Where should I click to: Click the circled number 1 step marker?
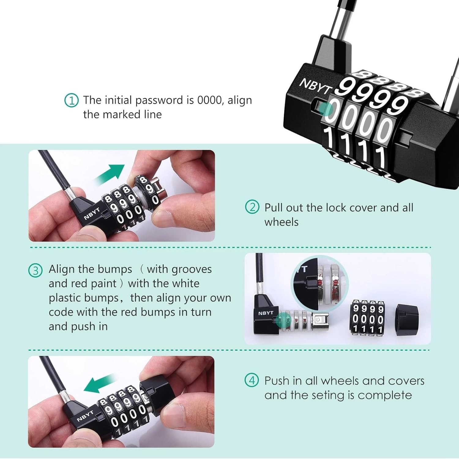coord(71,100)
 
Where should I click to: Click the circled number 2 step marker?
coord(252,207)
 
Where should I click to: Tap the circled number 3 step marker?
coord(35,271)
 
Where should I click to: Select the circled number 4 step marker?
coord(252,380)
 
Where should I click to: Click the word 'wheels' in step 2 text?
coord(281,222)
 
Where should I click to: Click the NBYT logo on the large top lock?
coord(315,86)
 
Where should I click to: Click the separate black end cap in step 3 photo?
coord(407,320)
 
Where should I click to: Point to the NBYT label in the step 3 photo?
coord(265,313)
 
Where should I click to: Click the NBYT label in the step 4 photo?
coord(85,416)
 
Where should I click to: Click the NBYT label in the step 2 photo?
coord(92,214)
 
